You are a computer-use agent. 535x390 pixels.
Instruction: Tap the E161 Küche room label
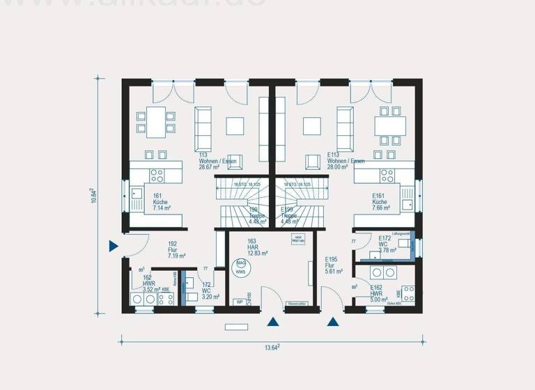[x=381, y=201]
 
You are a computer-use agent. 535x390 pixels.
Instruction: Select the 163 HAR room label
[x=257, y=247]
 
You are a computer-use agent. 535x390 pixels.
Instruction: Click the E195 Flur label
[x=334, y=265]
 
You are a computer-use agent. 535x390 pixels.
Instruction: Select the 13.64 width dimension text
[x=271, y=347]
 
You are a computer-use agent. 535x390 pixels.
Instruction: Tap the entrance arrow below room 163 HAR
[x=274, y=322]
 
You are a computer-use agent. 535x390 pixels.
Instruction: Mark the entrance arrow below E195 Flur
[x=333, y=322]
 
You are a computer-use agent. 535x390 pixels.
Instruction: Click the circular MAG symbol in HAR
[x=241, y=264]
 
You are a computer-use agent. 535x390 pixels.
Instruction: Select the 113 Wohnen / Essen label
[x=217, y=161]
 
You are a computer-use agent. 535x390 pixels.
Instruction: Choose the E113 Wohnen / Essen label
[x=346, y=161]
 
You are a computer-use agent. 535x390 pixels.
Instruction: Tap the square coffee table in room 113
[x=235, y=125]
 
